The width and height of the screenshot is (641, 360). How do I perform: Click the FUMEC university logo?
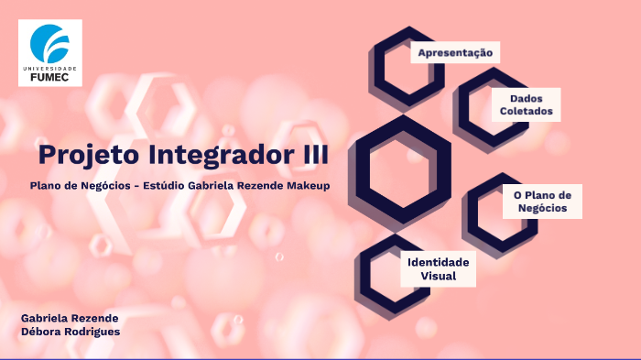50,52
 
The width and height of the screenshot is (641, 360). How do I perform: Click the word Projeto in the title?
78,153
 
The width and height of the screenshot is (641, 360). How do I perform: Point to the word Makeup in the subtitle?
306,185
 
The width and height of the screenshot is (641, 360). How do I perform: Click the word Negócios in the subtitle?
102,185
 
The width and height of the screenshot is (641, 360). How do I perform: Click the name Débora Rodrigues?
71,331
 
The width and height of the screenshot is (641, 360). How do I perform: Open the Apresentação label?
455,53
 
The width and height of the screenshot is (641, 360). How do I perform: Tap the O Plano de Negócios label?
542,202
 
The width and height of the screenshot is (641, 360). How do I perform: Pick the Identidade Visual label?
438,268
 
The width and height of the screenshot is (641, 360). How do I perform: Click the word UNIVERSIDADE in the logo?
50,69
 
